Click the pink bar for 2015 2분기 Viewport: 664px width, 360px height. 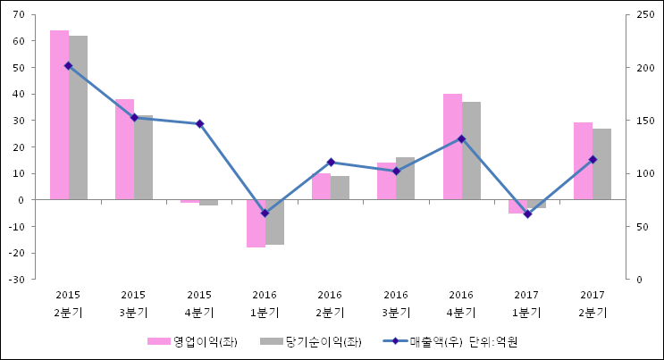click(x=59, y=115)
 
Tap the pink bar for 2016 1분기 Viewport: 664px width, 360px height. click(x=256, y=223)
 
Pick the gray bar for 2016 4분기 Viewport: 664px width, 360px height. click(x=471, y=151)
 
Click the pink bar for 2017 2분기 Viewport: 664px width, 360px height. click(x=583, y=161)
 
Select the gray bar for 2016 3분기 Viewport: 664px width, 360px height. click(x=406, y=179)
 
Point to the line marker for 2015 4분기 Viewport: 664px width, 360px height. click(x=199, y=124)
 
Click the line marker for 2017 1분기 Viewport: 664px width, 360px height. click(x=527, y=214)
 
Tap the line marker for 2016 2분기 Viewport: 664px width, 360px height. click(x=331, y=163)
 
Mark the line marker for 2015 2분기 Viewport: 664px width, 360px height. click(x=68, y=65)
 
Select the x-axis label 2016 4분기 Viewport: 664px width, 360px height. click(x=461, y=304)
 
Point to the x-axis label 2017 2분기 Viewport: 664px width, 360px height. click(x=592, y=304)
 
